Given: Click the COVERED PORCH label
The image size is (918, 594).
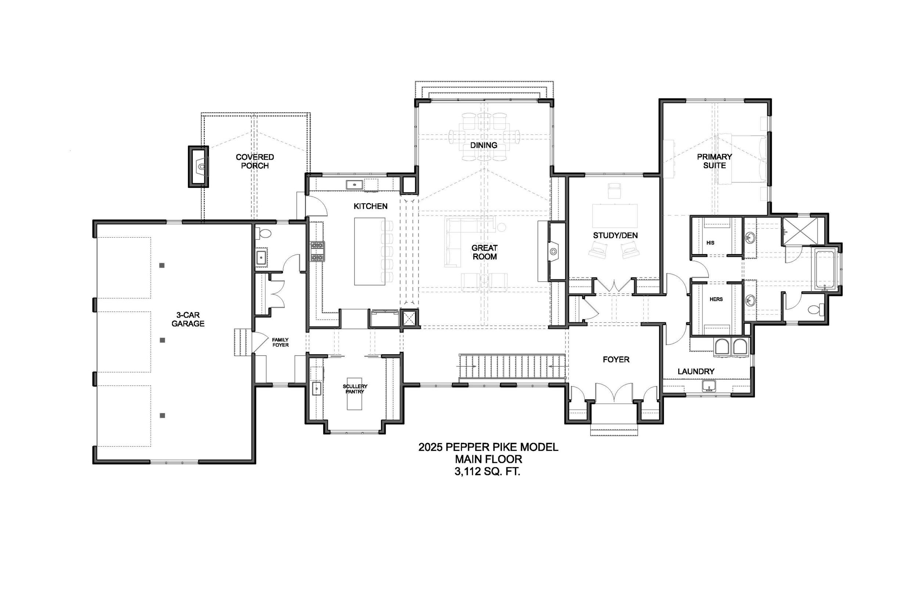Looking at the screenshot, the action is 255,161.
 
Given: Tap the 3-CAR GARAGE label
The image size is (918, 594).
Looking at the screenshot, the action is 188,319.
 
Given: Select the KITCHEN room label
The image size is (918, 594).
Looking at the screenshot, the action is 371,206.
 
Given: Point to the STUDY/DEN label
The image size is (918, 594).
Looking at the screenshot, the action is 615,235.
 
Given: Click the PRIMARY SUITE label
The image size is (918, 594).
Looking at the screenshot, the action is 714,161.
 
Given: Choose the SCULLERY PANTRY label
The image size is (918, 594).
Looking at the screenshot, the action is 355,389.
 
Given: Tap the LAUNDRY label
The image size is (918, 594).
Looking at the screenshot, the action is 696,372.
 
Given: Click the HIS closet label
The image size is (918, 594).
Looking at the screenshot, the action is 711,243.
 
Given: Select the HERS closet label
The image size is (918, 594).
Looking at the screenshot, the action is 716,299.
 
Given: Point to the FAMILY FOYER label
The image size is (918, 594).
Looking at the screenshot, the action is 281,343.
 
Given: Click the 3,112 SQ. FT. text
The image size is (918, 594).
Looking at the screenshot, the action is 488,471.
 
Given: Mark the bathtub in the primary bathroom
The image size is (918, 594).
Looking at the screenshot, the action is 825,269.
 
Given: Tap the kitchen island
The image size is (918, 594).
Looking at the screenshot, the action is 369,251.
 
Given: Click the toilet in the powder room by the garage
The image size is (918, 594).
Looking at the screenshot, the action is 265,233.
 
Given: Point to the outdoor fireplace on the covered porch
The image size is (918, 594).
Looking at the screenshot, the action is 199,167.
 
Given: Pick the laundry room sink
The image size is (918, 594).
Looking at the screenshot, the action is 709,386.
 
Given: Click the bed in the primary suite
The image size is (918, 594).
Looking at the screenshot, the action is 741,159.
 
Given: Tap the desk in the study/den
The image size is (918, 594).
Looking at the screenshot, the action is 615,216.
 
